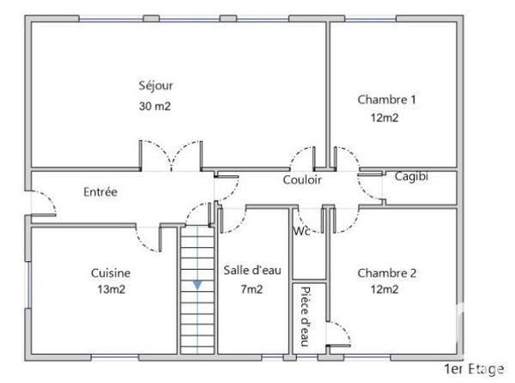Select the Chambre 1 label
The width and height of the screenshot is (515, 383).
coord(386,100)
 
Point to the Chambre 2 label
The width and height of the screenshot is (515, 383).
coord(386,273)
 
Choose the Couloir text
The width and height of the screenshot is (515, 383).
coord(302,180)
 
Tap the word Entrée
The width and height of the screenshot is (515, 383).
coord(100,191)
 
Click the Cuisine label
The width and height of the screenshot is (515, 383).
coord(111,272)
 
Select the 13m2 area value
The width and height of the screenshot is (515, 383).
coord(111,289)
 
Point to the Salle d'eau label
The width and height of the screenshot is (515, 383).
coord(252,270)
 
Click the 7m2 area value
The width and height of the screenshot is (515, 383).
coord(252,289)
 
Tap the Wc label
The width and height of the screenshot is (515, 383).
coord(300,231)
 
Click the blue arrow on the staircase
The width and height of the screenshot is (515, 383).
coord(197,284)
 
